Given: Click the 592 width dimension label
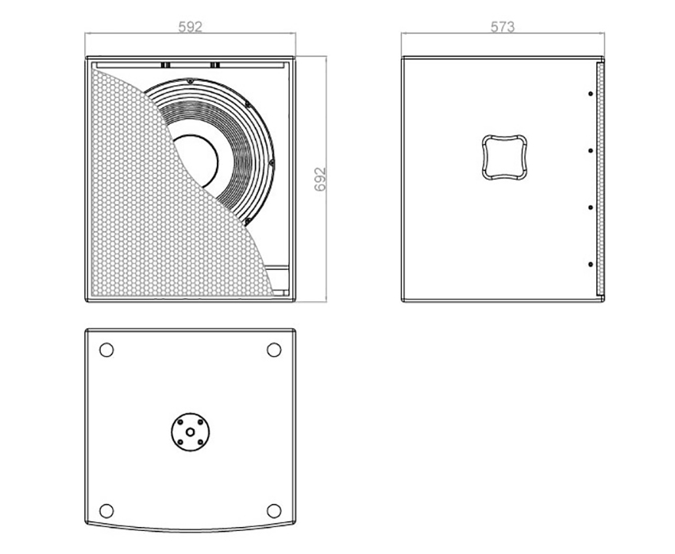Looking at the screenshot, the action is pos(190,27).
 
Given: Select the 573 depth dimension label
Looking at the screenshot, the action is pos(503,27).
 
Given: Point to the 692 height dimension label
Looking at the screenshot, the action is pos(320,179).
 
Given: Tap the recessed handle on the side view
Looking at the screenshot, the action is pos(504,157).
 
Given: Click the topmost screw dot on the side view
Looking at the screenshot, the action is pos(591,94).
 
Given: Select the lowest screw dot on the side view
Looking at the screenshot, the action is pos(591,264).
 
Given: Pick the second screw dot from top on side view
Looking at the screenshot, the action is pos(591,150).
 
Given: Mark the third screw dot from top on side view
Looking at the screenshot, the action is pos(591,207).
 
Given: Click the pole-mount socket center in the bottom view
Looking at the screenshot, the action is pos(190,432).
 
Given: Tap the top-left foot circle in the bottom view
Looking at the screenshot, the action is pos(106,350).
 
